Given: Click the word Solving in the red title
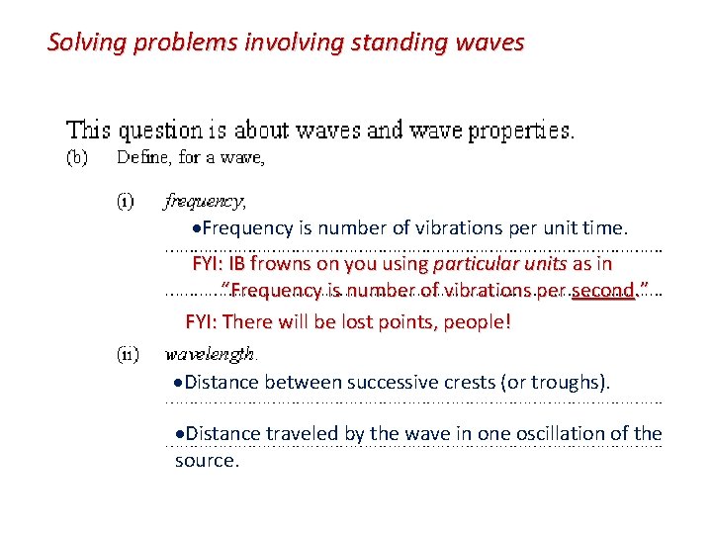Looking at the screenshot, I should point(82,43).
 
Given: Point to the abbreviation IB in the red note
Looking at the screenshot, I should point(237,264).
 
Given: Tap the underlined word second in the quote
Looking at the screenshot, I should point(603,290).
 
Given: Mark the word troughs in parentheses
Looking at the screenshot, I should point(572,382).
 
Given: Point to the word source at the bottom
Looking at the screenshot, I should point(207,460).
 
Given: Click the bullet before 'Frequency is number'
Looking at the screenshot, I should point(198,228).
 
